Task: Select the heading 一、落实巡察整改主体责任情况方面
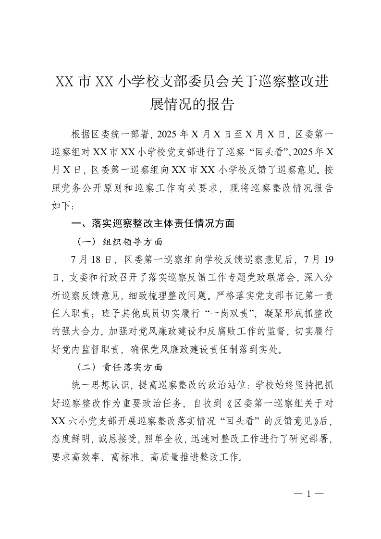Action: click(x=152, y=223)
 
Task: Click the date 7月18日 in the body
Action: click(x=91, y=259)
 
